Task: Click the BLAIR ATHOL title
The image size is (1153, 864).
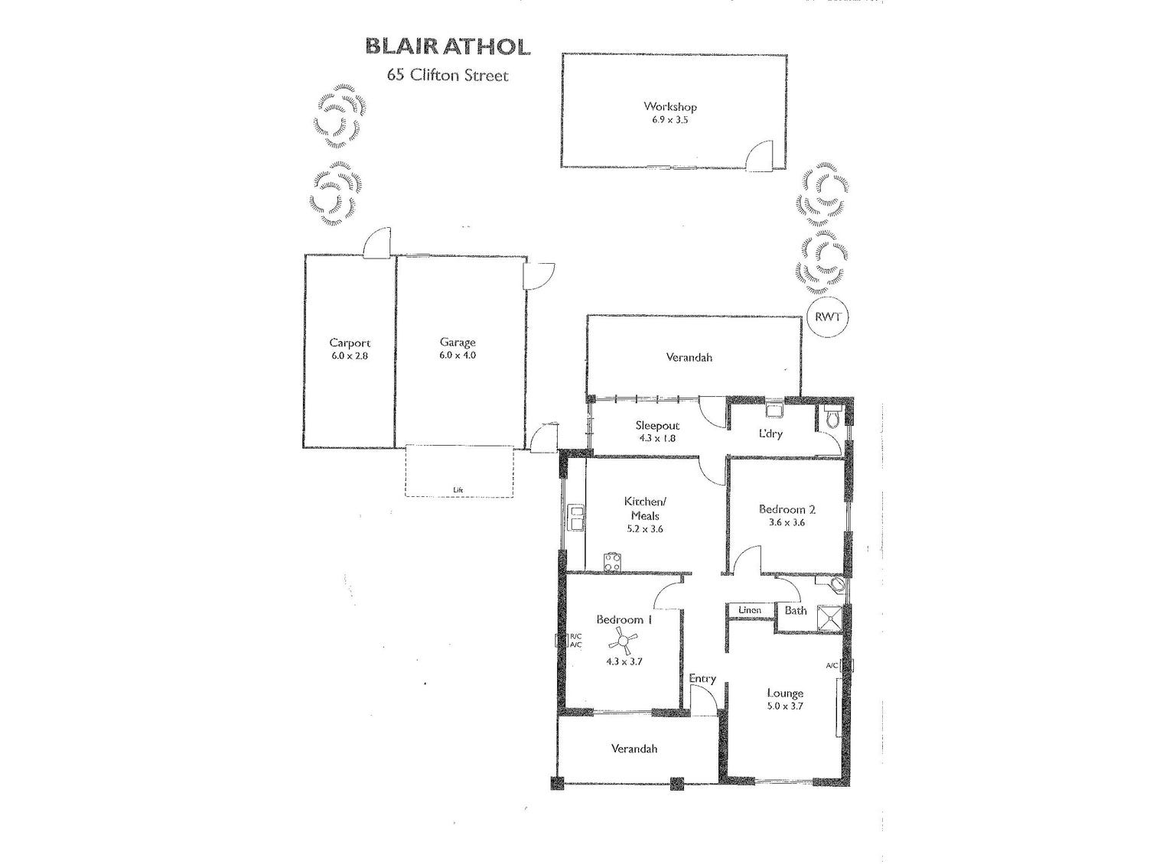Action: (448, 47)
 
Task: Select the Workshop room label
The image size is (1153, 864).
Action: (669, 107)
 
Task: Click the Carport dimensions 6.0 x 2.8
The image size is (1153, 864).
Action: (350, 356)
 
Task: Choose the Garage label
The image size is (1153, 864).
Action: (458, 343)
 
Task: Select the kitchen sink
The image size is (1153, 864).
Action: (575, 518)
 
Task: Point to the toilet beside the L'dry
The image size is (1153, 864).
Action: (833, 418)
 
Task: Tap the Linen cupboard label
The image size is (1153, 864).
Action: (750, 610)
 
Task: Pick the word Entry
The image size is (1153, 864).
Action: (702, 678)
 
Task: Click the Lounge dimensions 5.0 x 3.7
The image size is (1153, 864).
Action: (785, 706)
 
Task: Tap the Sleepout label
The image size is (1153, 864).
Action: (657, 426)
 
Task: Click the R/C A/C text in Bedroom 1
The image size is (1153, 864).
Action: (575, 641)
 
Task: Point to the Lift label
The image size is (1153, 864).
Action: (458, 490)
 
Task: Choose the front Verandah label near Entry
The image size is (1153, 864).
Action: (634, 749)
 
